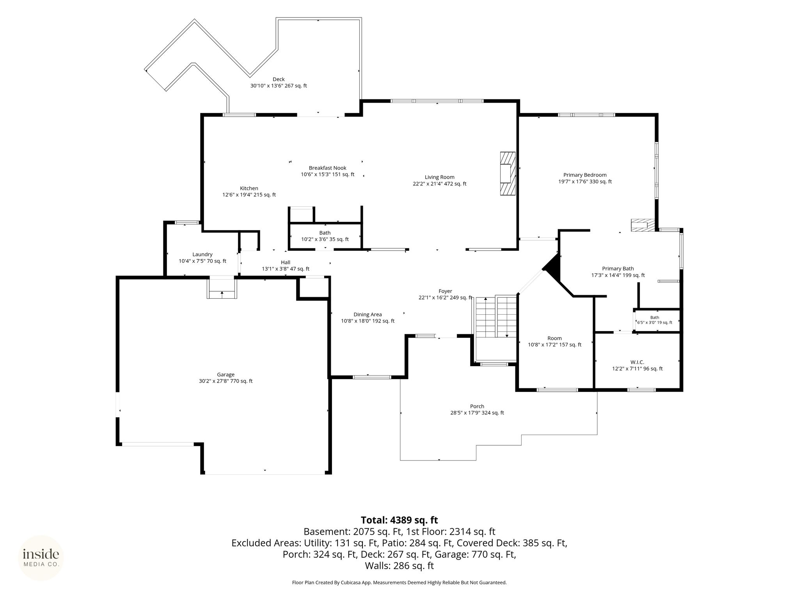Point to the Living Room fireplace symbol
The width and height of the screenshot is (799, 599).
tap(508, 174)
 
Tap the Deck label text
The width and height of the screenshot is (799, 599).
tap(279, 80)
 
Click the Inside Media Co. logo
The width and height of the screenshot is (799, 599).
tap(41, 558)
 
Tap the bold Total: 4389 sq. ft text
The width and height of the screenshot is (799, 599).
tap(399, 520)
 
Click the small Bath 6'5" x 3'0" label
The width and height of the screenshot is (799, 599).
tap(655, 320)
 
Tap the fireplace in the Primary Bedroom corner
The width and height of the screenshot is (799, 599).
tap(643, 225)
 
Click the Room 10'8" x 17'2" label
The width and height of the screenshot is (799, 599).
tap(554, 342)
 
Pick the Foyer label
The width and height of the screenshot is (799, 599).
tap(445, 291)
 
